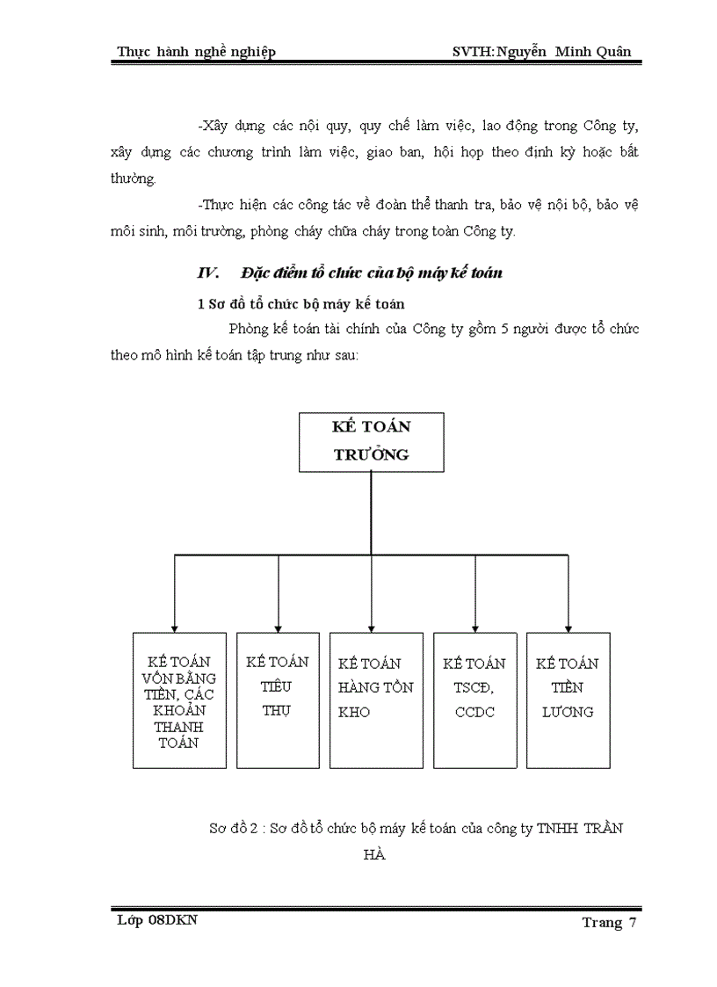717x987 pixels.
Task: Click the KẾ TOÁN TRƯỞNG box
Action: pyautogui.click(x=371, y=440)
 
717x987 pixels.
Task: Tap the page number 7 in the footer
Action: pyautogui.click(x=632, y=922)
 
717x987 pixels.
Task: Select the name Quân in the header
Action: pyautogui.click(x=610, y=52)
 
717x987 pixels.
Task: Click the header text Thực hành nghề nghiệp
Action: pyautogui.click(x=196, y=52)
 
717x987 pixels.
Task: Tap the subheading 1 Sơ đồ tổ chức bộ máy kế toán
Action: pyautogui.click(x=299, y=304)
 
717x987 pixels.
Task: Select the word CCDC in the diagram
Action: pyautogui.click(x=475, y=712)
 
